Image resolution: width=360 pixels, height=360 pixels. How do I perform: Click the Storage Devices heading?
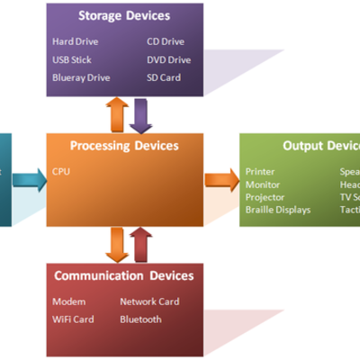pyautogui.click(x=124, y=16)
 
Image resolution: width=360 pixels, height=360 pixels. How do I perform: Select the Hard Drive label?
pyautogui.click(x=75, y=41)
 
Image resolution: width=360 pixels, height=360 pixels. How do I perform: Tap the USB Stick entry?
pyautogui.click(x=71, y=59)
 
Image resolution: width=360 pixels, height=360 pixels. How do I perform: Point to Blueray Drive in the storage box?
pyautogui.click(x=81, y=77)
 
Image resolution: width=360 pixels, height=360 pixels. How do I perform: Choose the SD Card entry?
pyautogui.click(x=164, y=77)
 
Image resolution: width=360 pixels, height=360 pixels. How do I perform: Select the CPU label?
pyautogui.click(x=61, y=171)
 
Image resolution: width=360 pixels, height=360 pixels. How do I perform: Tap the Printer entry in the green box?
pyautogui.click(x=260, y=171)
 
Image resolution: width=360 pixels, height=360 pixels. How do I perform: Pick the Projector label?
pyautogui.click(x=265, y=196)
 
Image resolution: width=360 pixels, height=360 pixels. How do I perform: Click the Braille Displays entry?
pyautogui.click(x=278, y=209)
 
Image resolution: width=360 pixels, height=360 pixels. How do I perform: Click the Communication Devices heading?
pyautogui.click(x=123, y=275)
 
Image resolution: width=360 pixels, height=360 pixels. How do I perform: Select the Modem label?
pyautogui.click(x=68, y=301)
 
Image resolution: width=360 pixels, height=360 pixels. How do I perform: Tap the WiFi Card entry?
pyautogui.click(x=73, y=319)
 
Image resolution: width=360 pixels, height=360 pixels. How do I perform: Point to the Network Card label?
pyautogui.click(x=150, y=301)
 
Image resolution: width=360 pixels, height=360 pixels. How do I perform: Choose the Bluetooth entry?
pyautogui.click(x=141, y=319)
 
